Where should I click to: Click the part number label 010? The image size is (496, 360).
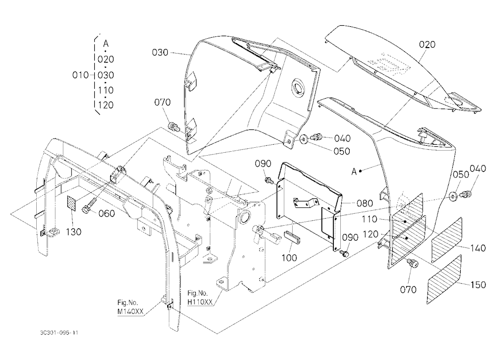(x=80, y=75)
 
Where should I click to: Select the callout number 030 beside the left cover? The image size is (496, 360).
(x=160, y=53)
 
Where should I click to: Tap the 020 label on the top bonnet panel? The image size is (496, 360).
(x=427, y=45)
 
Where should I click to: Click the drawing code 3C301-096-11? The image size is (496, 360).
(x=59, y=332)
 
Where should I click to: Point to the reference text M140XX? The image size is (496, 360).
(x=130, y=311)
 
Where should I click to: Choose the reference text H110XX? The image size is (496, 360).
(x=200, y=302)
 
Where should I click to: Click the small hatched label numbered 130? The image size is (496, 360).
(x=71, y=203)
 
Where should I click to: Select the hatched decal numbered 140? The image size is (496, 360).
(x=447, y=240)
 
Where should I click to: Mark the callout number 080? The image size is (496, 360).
(x=365, y=203)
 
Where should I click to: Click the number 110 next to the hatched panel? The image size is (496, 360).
(x=370, y=219)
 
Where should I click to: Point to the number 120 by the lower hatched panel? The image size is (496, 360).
(x=371, y=235)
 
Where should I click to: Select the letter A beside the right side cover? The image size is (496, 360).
(x=354, y=172)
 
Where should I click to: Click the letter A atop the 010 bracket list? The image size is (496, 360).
(x=106, y=43)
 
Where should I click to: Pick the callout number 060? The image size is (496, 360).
(x=107, y=214)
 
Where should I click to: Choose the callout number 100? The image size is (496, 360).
(x=289, y=258)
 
